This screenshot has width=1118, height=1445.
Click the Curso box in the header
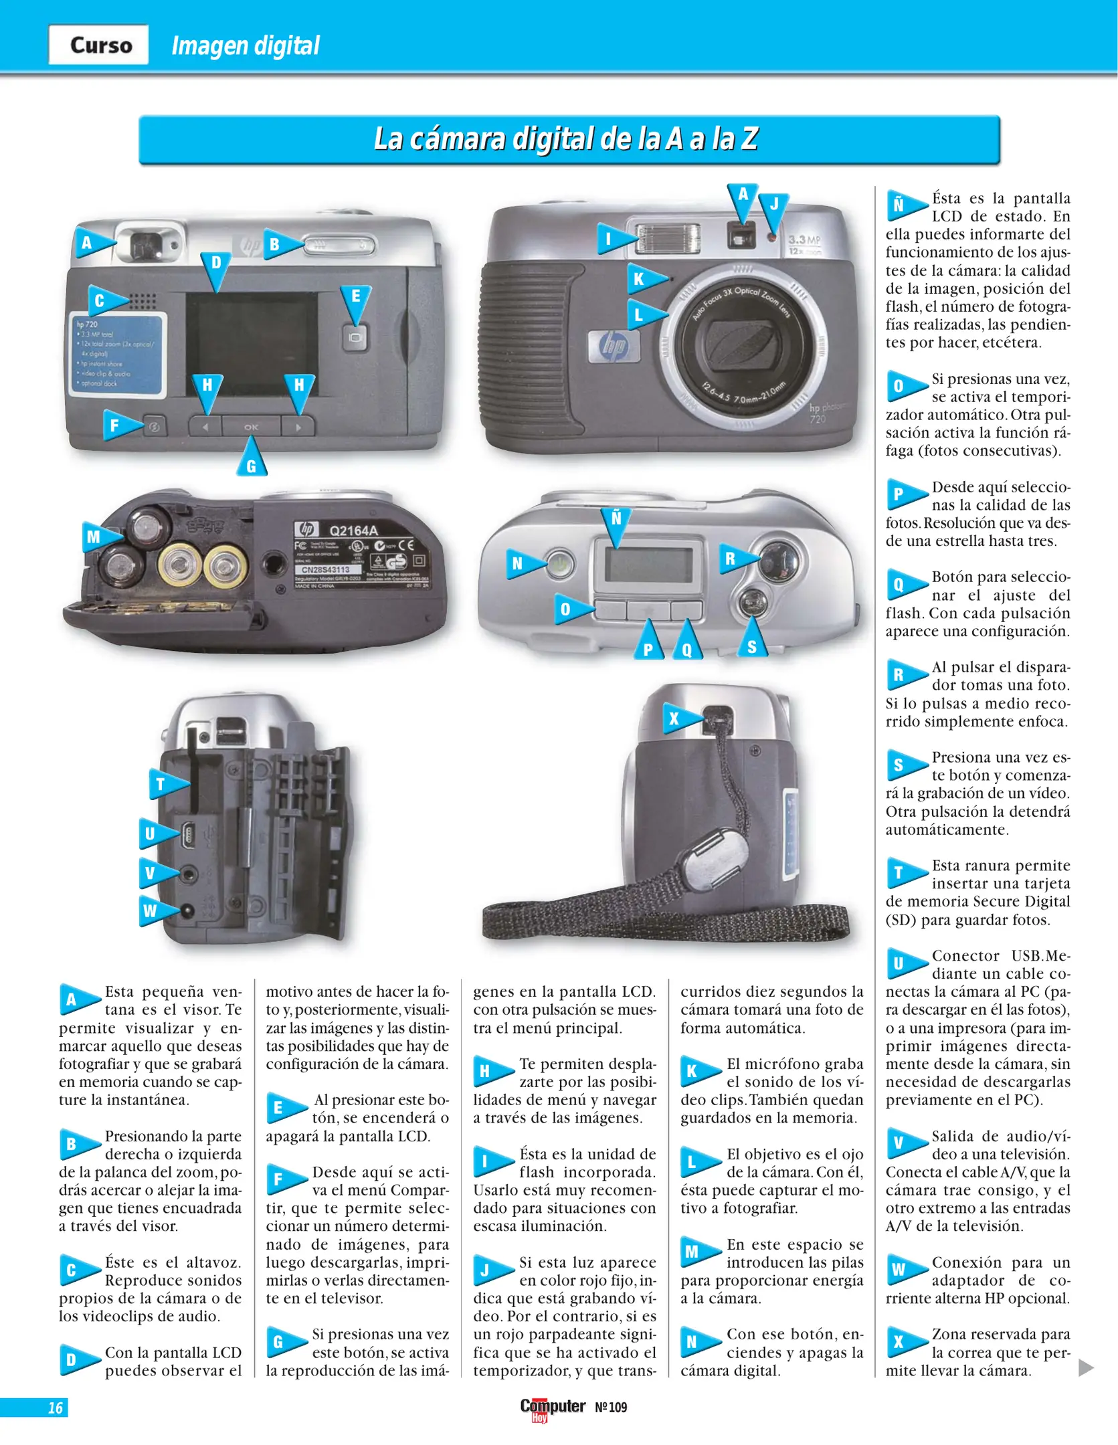99,45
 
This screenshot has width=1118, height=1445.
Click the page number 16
55,1408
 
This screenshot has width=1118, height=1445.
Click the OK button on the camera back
251,427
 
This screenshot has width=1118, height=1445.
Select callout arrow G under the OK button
252,461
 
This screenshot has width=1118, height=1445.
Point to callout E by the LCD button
355,300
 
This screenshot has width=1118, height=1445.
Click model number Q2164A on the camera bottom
353,531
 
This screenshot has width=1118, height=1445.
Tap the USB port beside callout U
188,834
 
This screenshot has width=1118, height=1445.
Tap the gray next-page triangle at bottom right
1086,1368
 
